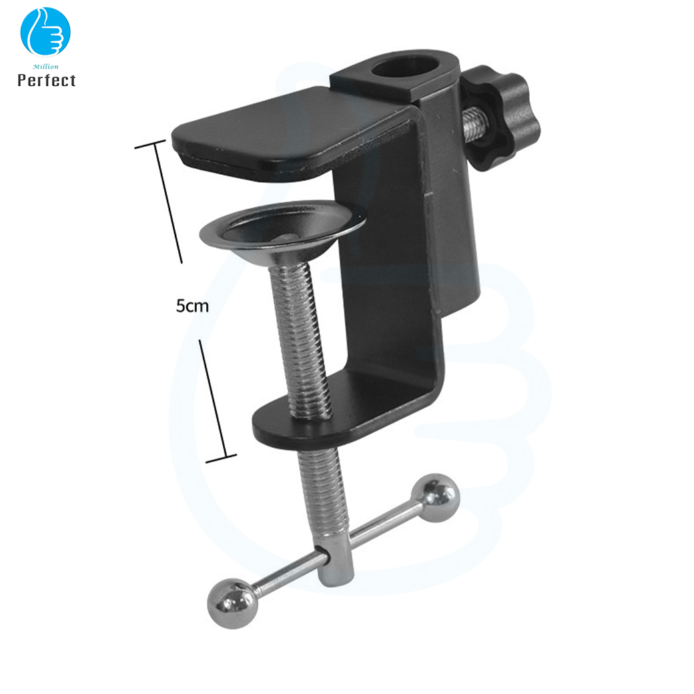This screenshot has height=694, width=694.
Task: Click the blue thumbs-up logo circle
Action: [45, 32]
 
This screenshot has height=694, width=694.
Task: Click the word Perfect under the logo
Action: [47, 81]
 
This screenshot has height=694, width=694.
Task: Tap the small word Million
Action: [45, 66]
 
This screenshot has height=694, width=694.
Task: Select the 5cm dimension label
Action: [192, 306]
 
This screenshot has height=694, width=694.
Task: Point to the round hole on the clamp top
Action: [406, 70]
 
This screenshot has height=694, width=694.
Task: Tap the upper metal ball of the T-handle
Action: [436, 497]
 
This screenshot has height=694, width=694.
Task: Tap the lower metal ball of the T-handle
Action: [232, 603]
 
